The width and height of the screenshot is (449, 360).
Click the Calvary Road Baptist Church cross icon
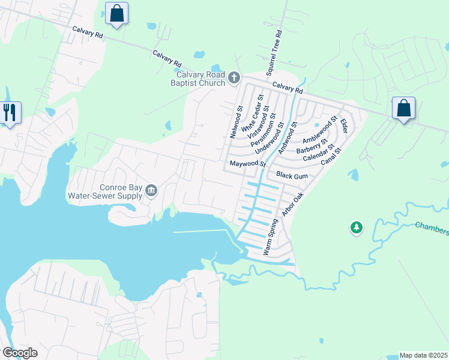click(234, 77)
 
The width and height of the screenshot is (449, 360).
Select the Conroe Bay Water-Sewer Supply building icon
click(151, 190)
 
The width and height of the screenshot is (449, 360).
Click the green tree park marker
click(357, 227)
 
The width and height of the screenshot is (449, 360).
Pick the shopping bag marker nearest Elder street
click(403, 109)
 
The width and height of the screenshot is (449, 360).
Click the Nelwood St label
click(235, 123)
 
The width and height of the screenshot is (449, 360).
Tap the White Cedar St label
click(252, 113)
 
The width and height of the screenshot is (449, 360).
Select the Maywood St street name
click(246, 164)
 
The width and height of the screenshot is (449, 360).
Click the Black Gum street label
click(292, 175)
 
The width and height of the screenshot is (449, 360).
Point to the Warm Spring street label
click(271, 237)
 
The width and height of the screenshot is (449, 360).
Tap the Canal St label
click(330, 157)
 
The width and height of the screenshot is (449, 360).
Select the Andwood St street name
click(288, 136)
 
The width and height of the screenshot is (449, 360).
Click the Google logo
click(19, 353)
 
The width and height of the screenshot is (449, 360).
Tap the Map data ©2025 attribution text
click(423, 355)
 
